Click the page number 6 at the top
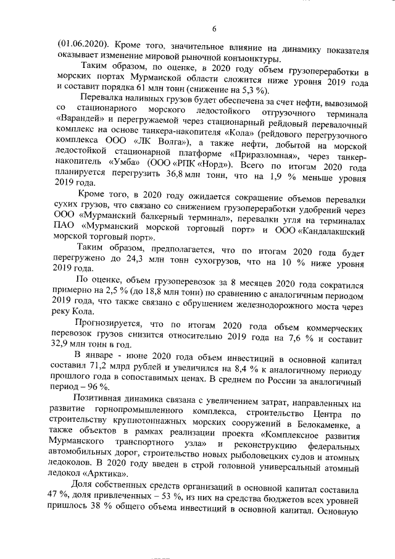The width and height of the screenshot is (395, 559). pyautogui.click(x=214, y=28)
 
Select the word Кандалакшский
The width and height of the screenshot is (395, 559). pyautogui.click(x=331, y=230)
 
